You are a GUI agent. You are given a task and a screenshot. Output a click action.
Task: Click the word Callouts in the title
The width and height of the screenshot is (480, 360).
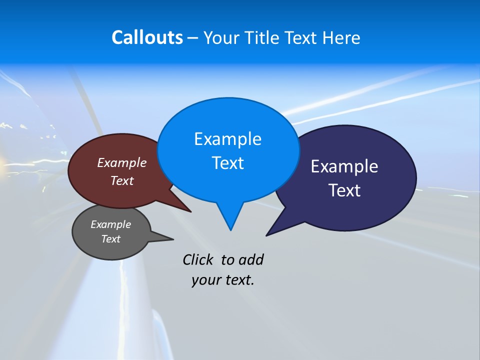(147, 38)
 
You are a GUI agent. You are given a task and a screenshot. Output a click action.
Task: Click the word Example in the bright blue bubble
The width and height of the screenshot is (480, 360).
(227, 139)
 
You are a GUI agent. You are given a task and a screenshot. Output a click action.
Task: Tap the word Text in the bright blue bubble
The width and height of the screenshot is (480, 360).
(227, 163)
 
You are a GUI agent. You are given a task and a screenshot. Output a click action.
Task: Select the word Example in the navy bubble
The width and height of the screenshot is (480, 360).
(344, 166)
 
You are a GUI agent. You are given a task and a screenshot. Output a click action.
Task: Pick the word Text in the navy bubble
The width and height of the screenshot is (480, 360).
(344, 190)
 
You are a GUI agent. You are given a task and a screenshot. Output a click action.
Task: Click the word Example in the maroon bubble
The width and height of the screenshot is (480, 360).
(122, 163)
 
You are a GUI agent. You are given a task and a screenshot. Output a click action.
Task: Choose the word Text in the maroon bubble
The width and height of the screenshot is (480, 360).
(122, 181)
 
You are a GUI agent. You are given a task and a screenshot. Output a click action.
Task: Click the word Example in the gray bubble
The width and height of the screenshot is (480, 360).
(111, 224)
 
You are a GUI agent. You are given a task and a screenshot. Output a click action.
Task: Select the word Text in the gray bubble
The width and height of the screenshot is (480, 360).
(111, 239)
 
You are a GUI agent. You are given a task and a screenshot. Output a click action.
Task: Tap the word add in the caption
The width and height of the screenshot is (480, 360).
(251, 259)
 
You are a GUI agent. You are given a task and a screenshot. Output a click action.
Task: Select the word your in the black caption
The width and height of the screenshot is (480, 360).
(205, 280)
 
